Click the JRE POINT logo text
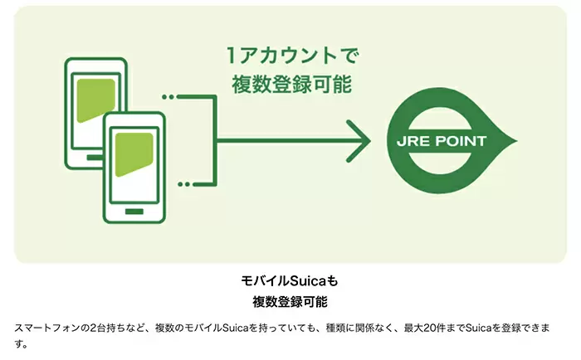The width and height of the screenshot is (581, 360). click(x=442, y=141)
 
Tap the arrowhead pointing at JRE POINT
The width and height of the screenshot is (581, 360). click(x=359, y=141)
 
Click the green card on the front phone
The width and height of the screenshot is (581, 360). click(x=134, y=154)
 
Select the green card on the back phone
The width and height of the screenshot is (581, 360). click(x=95, y=100)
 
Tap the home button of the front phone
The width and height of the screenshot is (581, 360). click(x=134, y=212)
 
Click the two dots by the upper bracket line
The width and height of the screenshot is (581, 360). click(x=168, y=97)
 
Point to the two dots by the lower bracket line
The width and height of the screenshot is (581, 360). click(x=183, y=184)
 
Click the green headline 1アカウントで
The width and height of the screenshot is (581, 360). click(x=293, y=56)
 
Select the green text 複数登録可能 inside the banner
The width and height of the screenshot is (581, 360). click(x=291, y=84)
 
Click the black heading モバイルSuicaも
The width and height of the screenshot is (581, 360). click(x=290, y=280)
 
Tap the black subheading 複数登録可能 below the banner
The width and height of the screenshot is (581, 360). click(x=290, y=302)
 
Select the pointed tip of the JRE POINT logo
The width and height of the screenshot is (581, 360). click(x=517, y=141)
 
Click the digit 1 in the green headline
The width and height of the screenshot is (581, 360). click(x=231, y=56)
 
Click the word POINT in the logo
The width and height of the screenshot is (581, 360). click(x=461, y=141)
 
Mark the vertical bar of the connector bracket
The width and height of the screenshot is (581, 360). click(x=214, y=141)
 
